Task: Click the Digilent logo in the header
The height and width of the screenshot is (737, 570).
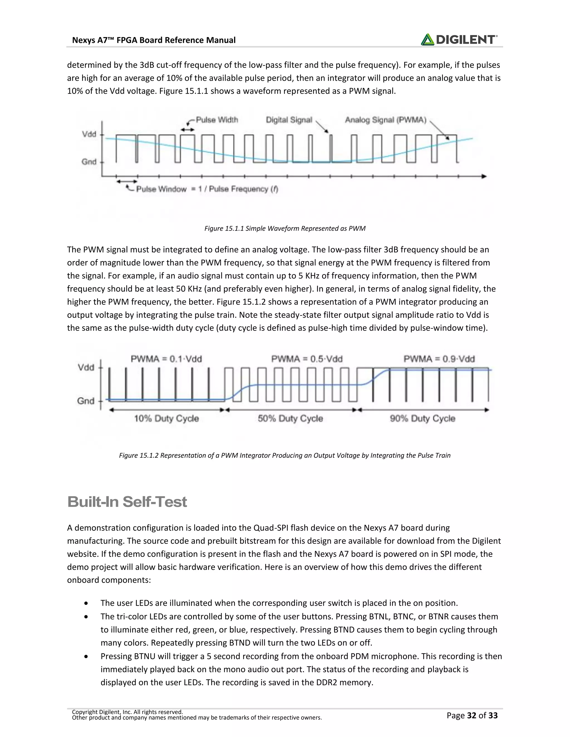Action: click(x=459, y=39)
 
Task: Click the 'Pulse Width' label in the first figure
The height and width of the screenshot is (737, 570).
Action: click(x=217, y=120)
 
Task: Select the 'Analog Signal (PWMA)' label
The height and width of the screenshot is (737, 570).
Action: click(x=385, y=120)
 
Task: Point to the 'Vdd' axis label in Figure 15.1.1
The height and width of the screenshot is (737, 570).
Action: click(x=89, y=134)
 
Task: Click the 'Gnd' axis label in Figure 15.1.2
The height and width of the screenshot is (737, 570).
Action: click(x=85, y=401)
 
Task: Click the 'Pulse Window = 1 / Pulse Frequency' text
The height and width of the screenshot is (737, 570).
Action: click(x=207, y=189)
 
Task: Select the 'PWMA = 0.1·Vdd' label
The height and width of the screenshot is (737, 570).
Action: click(x=166, y=359)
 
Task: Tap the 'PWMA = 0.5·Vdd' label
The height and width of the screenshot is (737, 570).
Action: click(x=307, y=359)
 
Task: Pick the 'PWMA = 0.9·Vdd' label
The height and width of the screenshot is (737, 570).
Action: click(x=439, y=359)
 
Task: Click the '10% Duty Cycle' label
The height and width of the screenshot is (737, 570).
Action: click(x=166, y=419)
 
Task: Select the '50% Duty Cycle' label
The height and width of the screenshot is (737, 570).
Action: click(x=290, y=419)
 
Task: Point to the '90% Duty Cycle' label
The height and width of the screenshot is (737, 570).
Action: click(x=422, y=419)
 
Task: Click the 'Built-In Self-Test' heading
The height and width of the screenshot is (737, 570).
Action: click(x=127, y=502)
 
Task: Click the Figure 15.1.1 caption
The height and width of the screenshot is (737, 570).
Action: click(x=285, y=228)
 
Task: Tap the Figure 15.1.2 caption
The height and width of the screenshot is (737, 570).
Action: click(x=285, y=455)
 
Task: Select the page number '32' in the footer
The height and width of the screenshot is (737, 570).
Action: click(x=471, y=715)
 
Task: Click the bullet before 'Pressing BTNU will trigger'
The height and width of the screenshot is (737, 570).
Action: click(x=87, y=656)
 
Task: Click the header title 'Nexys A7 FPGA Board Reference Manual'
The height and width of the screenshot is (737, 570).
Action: click(x=154, y=40)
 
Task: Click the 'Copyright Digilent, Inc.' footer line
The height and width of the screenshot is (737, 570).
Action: click(x=127, y=712)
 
